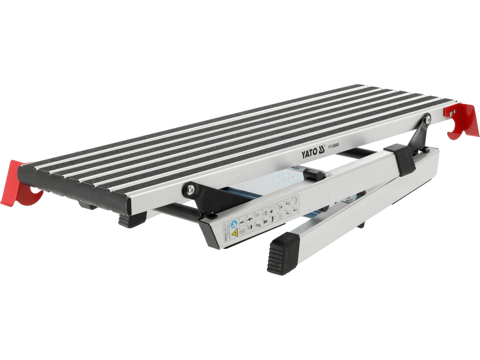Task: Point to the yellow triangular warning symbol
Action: (x=235, y=233)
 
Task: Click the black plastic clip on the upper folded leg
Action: (x=402, y=159)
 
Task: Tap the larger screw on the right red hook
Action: (x=451, y=113)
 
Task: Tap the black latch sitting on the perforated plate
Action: (x=314, y=173)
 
